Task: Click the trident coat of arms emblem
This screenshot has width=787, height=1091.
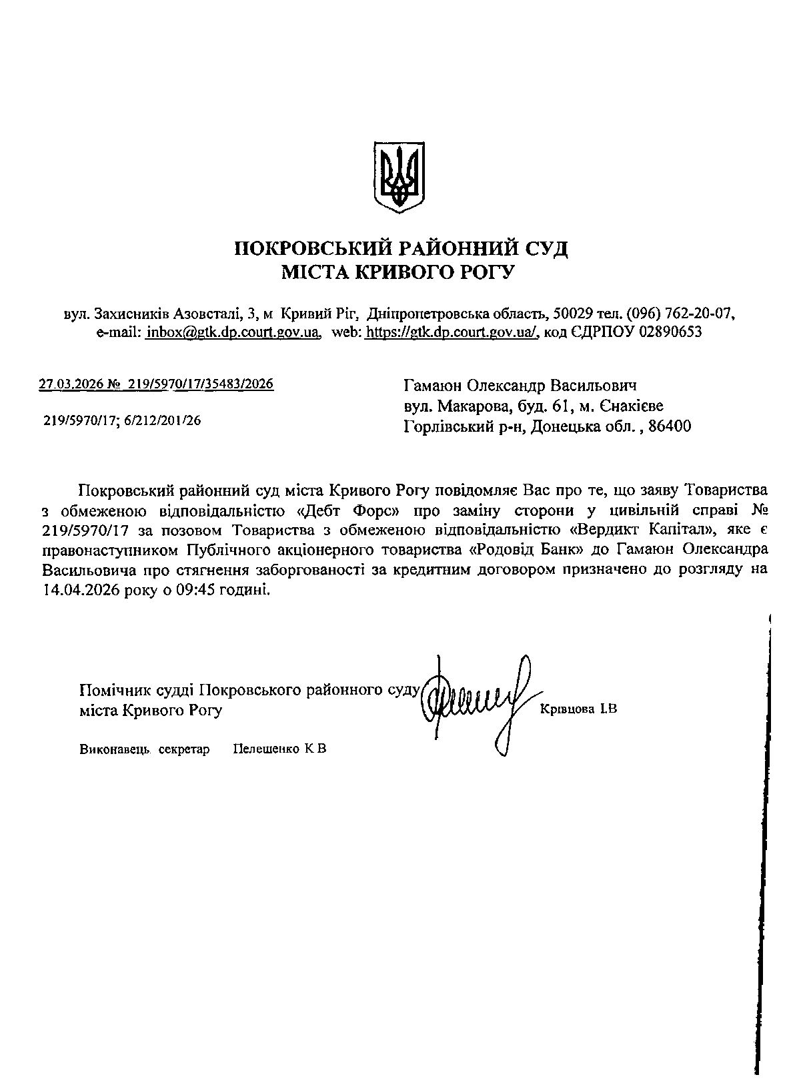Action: tap(399, 177)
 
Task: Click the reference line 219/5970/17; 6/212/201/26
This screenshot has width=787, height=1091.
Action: tap(122, 421)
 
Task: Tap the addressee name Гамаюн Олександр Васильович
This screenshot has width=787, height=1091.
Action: tap(520, 386)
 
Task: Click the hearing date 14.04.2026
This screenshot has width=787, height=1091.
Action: tap(80, 590)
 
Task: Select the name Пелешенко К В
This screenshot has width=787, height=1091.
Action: tap(279, 749)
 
